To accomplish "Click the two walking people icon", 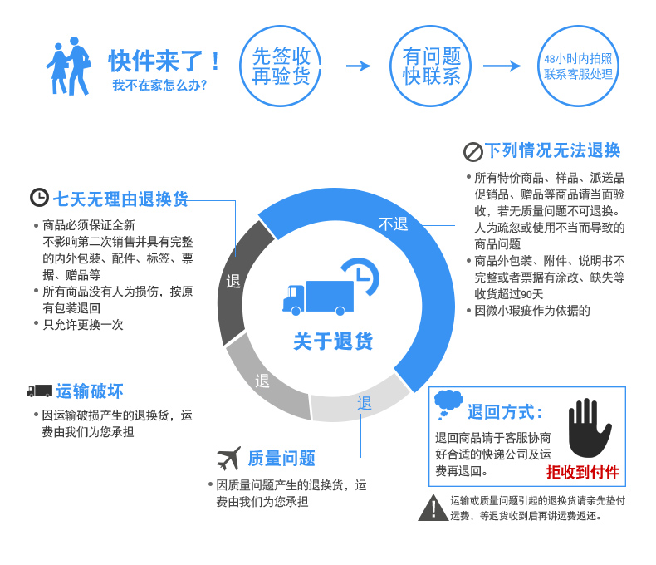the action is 69,66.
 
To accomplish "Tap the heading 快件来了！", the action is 166,61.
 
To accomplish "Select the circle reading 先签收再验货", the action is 281,66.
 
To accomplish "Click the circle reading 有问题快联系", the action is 431,66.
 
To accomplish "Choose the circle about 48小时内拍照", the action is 578,66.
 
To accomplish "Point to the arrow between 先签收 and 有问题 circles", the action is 358,66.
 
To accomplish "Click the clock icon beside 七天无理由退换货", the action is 39,198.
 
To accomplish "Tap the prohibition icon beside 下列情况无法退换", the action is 472,151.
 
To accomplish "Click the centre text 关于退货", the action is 333,341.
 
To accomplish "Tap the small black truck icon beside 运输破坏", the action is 39,391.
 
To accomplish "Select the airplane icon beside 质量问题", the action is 228,458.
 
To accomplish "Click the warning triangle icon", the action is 432,508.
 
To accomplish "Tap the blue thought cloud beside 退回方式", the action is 448,403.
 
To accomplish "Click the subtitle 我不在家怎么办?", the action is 160,85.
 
